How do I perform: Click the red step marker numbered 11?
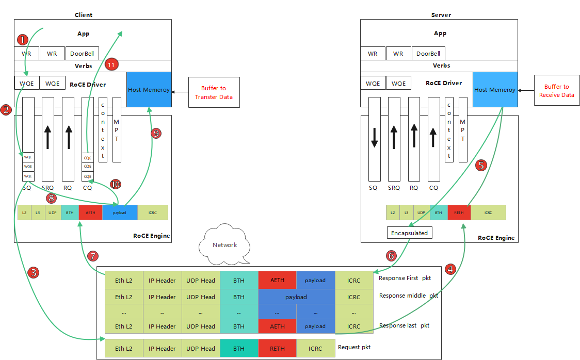point(111,64)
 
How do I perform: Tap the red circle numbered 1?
point(22,40)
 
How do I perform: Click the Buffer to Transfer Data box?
point(214,93)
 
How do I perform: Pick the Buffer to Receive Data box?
point(556,91)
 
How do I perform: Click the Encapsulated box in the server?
point(409,233)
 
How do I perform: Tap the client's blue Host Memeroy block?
point(149,90)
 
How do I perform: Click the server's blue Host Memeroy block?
point(495,90)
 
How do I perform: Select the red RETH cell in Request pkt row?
point(277,349)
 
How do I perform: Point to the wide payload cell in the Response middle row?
point(296,297)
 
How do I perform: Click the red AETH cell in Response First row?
point(277,281)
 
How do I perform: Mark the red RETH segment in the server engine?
point(459,212)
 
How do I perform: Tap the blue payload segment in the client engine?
point(120,212)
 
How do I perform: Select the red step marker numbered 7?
point(92,256)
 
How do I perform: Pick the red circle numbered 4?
point(450,269)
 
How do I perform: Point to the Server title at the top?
point(441,15)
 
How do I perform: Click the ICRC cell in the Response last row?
point(353,326)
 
